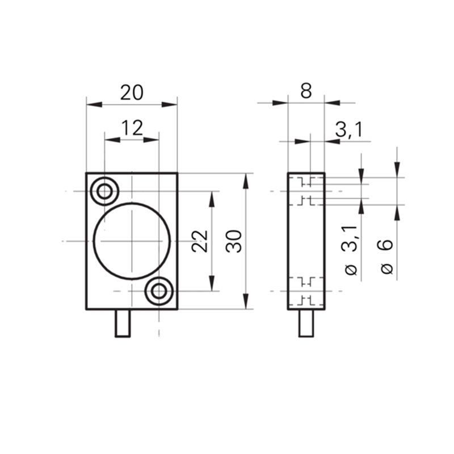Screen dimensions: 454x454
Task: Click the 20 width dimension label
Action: click(132, 93)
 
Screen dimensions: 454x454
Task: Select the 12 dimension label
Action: click(132, 128)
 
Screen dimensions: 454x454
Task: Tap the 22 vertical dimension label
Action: click(200, 241)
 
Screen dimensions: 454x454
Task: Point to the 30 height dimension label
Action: click(234, 241)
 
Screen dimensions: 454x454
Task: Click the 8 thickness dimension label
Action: click(306, 91)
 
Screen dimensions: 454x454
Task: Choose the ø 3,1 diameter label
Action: click(351, 250)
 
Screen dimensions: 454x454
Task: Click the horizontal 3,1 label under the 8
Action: click(349, 129)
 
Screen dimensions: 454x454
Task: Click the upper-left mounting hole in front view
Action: click(104, 191)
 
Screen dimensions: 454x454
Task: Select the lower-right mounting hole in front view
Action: click(159, 291)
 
